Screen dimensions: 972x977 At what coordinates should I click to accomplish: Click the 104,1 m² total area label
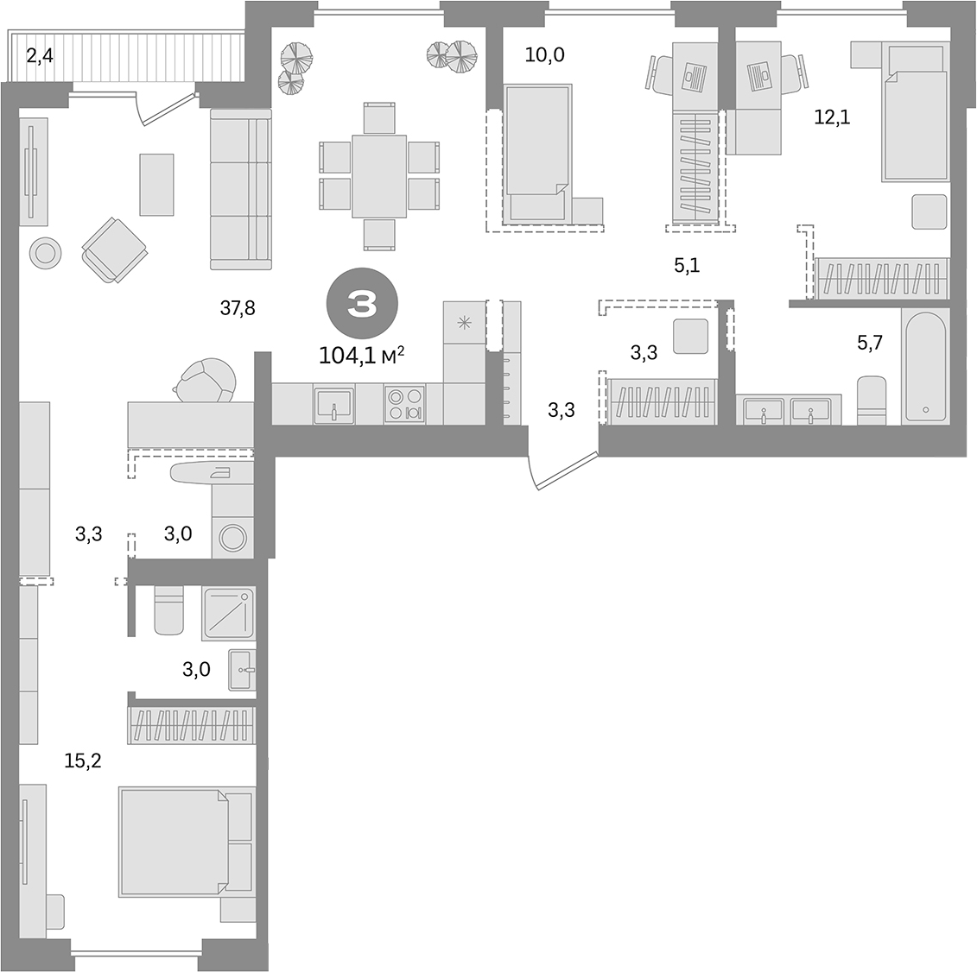point(361,355)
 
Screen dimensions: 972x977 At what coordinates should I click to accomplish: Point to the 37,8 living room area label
point(237,308)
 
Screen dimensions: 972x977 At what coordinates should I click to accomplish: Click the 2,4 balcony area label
point(39,58)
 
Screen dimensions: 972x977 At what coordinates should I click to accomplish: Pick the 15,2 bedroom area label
point(82,761)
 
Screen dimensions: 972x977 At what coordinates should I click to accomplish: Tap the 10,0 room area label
point(544,56)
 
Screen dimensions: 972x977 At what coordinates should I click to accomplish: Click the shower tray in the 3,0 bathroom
point(228,613)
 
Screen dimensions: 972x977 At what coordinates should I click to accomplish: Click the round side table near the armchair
point(46,252)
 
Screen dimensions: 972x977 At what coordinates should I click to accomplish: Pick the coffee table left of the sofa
point(156,184)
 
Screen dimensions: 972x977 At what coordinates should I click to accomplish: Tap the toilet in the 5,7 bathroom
point(872,400)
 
